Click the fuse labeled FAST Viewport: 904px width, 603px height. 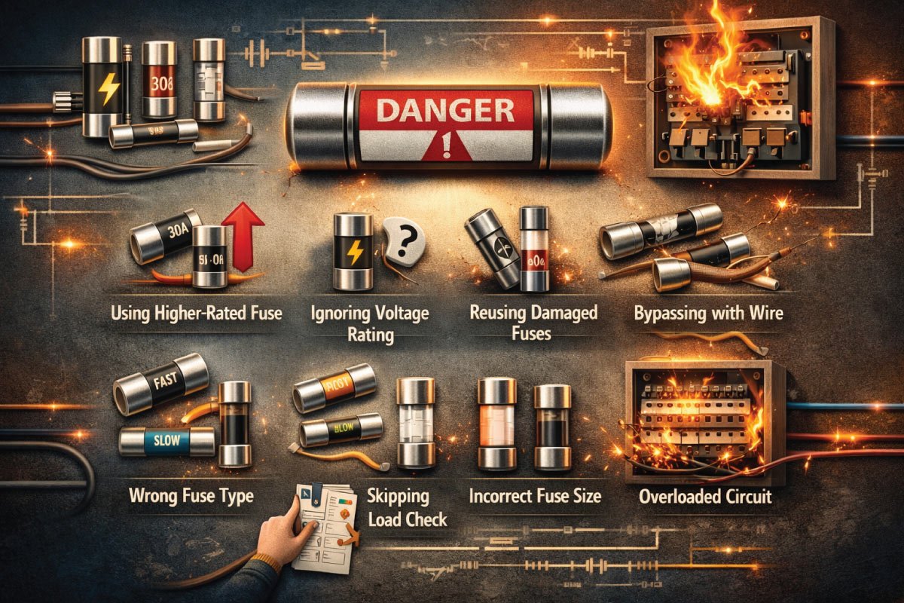pyautogui.click(x=160, y=384)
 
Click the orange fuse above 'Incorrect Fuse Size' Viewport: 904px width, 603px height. pyautogui.click(x=496, y=422)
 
